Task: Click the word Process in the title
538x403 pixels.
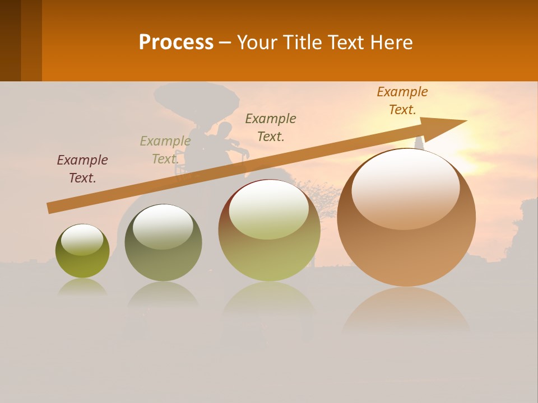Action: tap(176, 43)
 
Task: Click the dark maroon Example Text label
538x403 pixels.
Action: tap(82, 169)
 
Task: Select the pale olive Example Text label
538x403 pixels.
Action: tap(165, 150)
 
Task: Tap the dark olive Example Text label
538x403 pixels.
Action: tap(271, 127)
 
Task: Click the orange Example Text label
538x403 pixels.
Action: tap(402, 101)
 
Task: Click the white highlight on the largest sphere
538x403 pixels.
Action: tap(405, 188)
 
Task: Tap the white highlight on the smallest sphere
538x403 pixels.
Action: tap(82, 240)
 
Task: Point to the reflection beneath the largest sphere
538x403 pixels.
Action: tap(406, 311)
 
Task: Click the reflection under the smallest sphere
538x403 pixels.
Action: tap(82, 287)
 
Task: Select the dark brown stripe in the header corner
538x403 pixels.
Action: tap(10, 40)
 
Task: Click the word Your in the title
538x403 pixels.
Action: tap(257, 43)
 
